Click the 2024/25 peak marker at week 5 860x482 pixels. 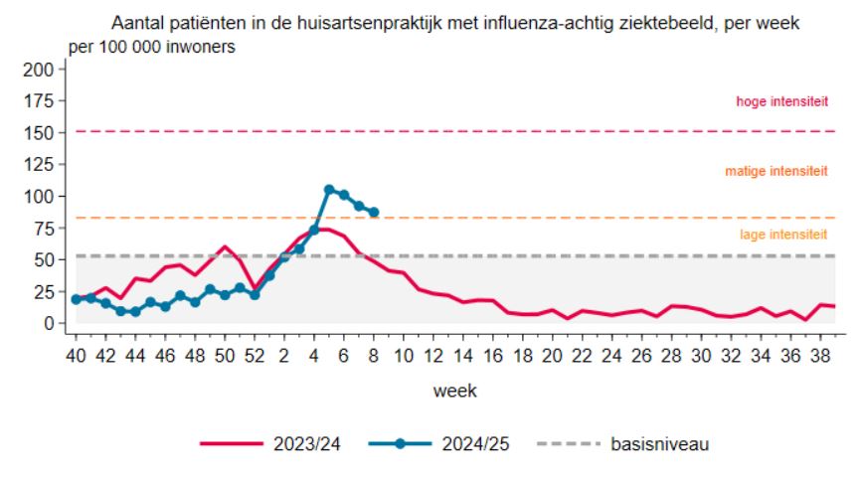[329, 189]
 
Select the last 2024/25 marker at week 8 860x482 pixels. [374, 212]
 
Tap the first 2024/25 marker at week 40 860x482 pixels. [76, 299]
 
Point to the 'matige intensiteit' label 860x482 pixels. [776, 171]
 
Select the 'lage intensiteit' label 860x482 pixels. [783, 235]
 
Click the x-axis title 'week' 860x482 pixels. [454, 391]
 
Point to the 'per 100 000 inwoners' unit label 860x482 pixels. [151, 47]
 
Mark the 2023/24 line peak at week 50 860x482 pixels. [225, 246]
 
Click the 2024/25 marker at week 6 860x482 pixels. [344, 195]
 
